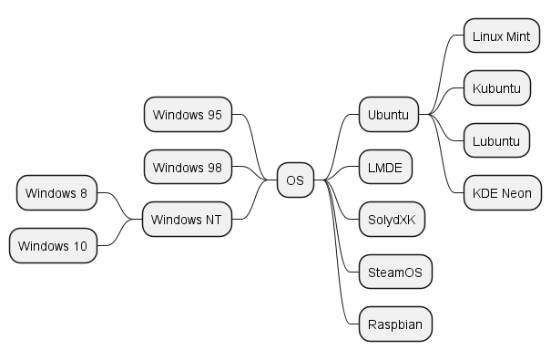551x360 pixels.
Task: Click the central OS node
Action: [x=295, y=180]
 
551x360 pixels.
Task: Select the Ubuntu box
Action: [x=388, y=115]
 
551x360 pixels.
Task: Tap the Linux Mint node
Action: [x=501, y=36]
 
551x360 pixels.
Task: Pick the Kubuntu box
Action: [x=496, y=88]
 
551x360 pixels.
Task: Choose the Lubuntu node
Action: [x=496, y=141]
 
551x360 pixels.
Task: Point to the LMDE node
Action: [x=385, y=168]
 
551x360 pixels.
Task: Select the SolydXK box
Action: [x=392, y=220]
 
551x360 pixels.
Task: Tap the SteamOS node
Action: [x=393, y=272]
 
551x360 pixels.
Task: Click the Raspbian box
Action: [x=393, y=324]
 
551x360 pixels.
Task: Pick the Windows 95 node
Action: [x=188, y=115]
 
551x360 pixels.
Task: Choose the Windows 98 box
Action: [x=188, y=168]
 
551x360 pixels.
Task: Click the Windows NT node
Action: [x=187, y=220]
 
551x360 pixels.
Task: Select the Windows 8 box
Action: [x=56, y=192]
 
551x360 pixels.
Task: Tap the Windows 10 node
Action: [x=53, y=246]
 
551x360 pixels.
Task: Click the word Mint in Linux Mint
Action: [x=516, y=36]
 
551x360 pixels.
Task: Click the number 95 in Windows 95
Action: [x=215, y=115]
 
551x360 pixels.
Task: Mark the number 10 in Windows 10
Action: [x=79, y=246]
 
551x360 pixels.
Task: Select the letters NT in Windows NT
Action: [x=214, y=220]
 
